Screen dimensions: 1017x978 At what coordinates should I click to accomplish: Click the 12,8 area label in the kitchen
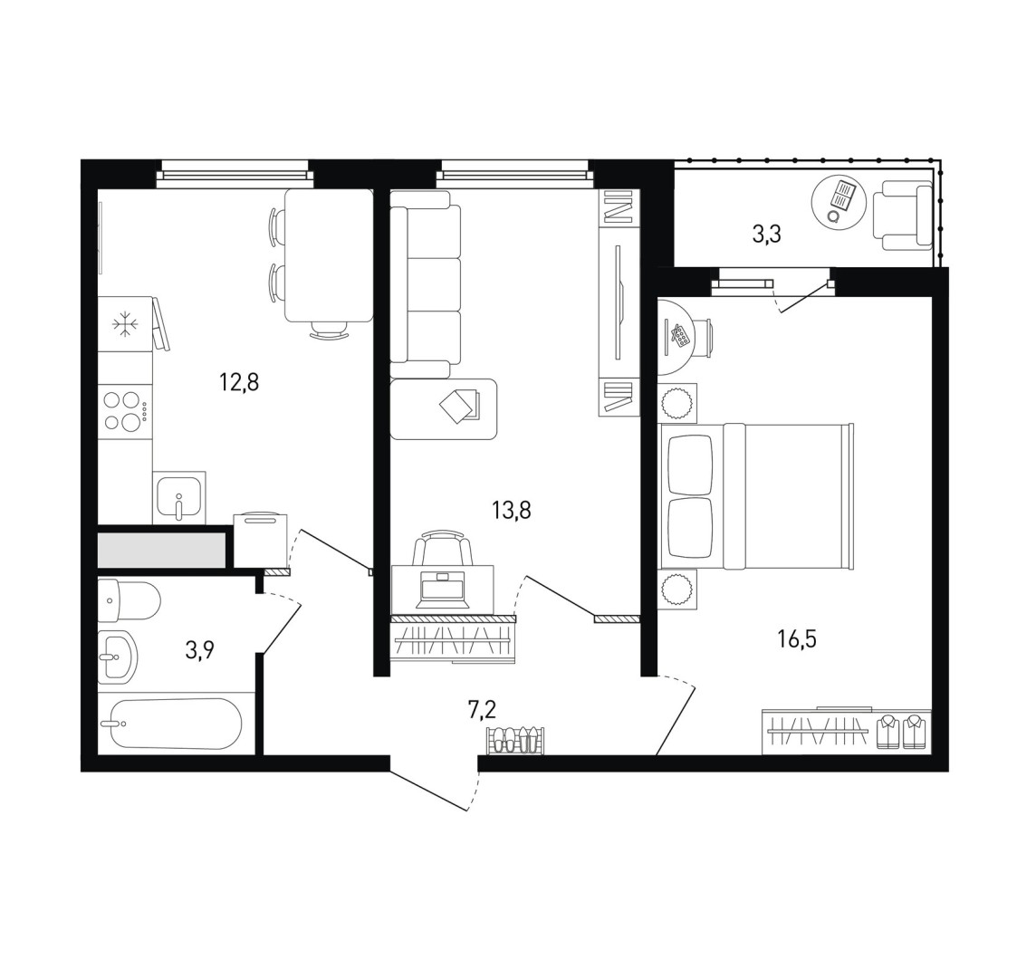click(239, 383)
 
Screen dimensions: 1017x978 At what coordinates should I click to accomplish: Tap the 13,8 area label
click(511, 511)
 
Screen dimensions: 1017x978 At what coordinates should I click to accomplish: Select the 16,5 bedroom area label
click(797, 639)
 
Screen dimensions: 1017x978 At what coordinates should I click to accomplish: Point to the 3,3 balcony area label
click(766, 235)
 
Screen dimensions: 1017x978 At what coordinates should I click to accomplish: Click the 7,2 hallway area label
click(482, 710)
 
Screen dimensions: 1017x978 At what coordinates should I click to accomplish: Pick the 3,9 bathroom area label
click(200, 650)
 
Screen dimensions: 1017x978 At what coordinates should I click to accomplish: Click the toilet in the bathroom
click(129, 599)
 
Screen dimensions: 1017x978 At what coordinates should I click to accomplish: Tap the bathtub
click(170, 724)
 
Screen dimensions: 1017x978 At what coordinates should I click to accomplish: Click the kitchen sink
click(179, 497)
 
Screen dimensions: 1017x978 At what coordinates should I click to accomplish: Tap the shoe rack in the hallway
click(515, 741)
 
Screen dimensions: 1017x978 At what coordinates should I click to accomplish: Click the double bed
click(756, 497)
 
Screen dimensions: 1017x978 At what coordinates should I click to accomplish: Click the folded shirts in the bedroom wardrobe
click(903, 732)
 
